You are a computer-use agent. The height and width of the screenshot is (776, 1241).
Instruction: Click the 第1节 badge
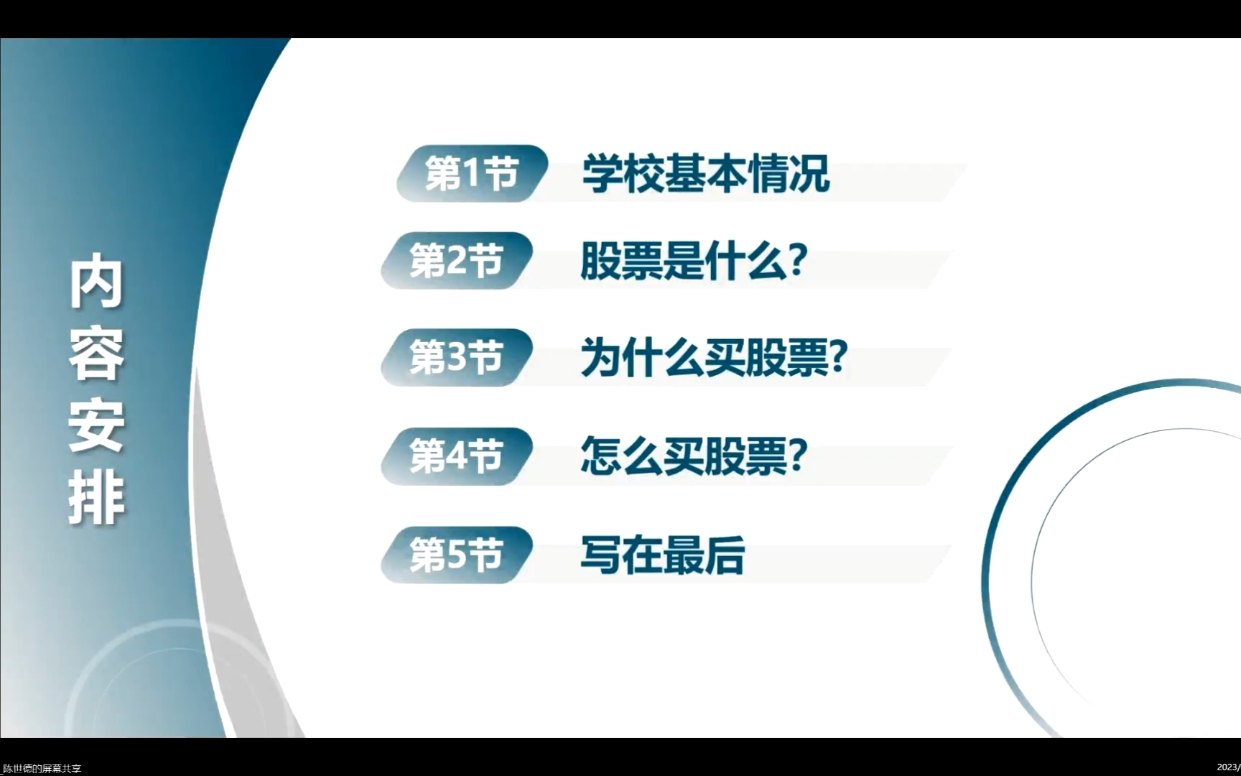[x=472, y=173]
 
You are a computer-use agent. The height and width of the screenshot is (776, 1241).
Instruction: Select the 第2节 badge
[x=457, y=260]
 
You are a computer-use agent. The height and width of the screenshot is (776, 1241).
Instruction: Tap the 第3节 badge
[x=457, y=357]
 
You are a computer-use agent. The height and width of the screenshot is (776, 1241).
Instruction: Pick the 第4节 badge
[x=457, y=456]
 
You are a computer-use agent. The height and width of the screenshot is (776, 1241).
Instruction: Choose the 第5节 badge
[x=457, y=555]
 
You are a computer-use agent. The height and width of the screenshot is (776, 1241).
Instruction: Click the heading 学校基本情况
[x=706, y=174]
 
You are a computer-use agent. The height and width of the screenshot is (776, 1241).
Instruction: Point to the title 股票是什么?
[x=694, y=261]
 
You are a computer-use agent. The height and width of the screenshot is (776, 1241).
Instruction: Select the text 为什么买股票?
[x=715, y=357]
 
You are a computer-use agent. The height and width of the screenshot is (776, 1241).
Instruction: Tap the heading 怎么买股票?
[x=694, y=456]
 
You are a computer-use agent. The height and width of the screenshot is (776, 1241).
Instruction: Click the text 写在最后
[x=663, y=555]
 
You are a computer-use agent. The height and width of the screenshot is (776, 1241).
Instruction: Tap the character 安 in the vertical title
[x=97, y=426]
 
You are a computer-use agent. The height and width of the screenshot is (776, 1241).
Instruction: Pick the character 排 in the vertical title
[x=97, y=498]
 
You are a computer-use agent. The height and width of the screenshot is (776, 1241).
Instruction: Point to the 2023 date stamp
[x=1229, y=767]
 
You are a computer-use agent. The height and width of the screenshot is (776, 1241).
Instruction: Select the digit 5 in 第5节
[x=457, y=555]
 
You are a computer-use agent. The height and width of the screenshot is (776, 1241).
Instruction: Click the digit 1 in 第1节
[x=471, y=174]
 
